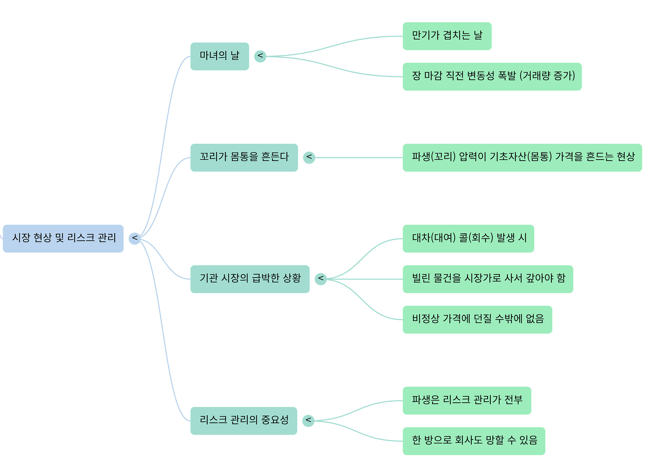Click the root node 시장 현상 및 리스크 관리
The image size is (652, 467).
click(63, 238)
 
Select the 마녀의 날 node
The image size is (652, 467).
click(220, 56)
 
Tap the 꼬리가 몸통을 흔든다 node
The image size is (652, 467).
click(244, 158)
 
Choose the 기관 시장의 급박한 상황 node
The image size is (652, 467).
click(250, 279)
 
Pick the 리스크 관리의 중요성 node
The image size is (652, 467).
click(243, 420)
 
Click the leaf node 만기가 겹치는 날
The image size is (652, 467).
click(447, 36)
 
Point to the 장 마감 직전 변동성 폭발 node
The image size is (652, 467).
click(492, 77)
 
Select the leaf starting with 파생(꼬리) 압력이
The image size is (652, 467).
click(522, 158)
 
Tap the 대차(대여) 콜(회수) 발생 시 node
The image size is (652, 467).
click(468, 238)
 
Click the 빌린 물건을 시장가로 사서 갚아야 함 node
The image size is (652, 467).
click(488, 279)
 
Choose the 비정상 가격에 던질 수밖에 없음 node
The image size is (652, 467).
click(477, 320)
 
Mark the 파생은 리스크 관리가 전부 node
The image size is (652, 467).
click(467, 400)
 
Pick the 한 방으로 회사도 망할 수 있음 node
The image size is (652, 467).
click(474, 441)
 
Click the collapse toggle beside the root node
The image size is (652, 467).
click(134, 238)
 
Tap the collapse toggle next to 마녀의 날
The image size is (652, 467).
click(260, 56)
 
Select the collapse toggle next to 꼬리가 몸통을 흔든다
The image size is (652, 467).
click(309, 157)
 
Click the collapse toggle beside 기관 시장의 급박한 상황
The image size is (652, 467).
click(321, 279)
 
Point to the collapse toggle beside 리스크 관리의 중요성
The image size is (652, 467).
click(308, 420)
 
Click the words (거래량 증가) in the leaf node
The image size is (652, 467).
click(547, 76)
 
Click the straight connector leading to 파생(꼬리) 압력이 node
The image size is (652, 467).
click(359, 158)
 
